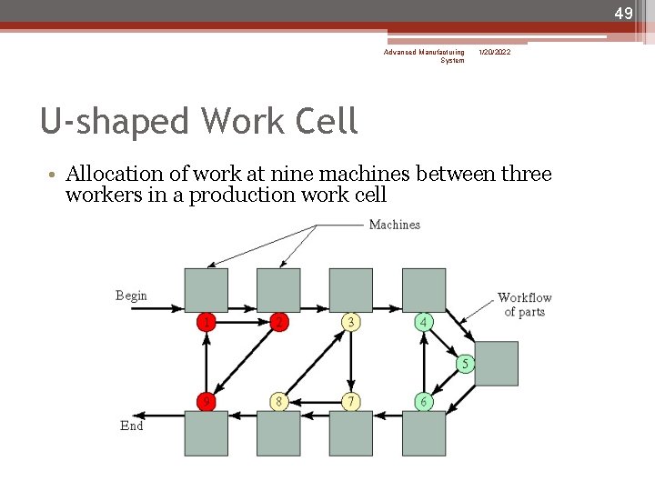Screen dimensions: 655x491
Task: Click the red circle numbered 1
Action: tap(207, 322)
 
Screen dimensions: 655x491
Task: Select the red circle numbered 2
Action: tap(279, 322)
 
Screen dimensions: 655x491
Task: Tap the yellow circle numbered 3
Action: tap(351, 322)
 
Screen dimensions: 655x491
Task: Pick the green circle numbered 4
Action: tap(424, 322)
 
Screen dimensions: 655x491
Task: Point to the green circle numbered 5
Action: tap(465, 364)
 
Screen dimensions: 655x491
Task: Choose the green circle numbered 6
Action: tap(424, 401)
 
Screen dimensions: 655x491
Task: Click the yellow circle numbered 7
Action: tap(351, 401)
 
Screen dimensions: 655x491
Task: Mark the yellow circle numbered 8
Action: tap(279, 401)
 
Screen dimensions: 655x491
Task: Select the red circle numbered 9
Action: tap(207, 401)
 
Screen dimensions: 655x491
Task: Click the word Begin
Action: tap(131, 296)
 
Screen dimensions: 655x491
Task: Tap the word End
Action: tap(132, 426)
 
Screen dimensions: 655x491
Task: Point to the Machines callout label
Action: tap(394, 225)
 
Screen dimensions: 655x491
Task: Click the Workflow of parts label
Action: tap(524, 305)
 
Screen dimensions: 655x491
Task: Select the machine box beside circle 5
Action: tap(496, 363)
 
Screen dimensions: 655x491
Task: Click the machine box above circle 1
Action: tap(207, 290)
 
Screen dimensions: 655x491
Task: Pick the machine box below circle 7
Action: tap(351, 433)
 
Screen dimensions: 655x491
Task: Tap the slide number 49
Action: tap(623, 14)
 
